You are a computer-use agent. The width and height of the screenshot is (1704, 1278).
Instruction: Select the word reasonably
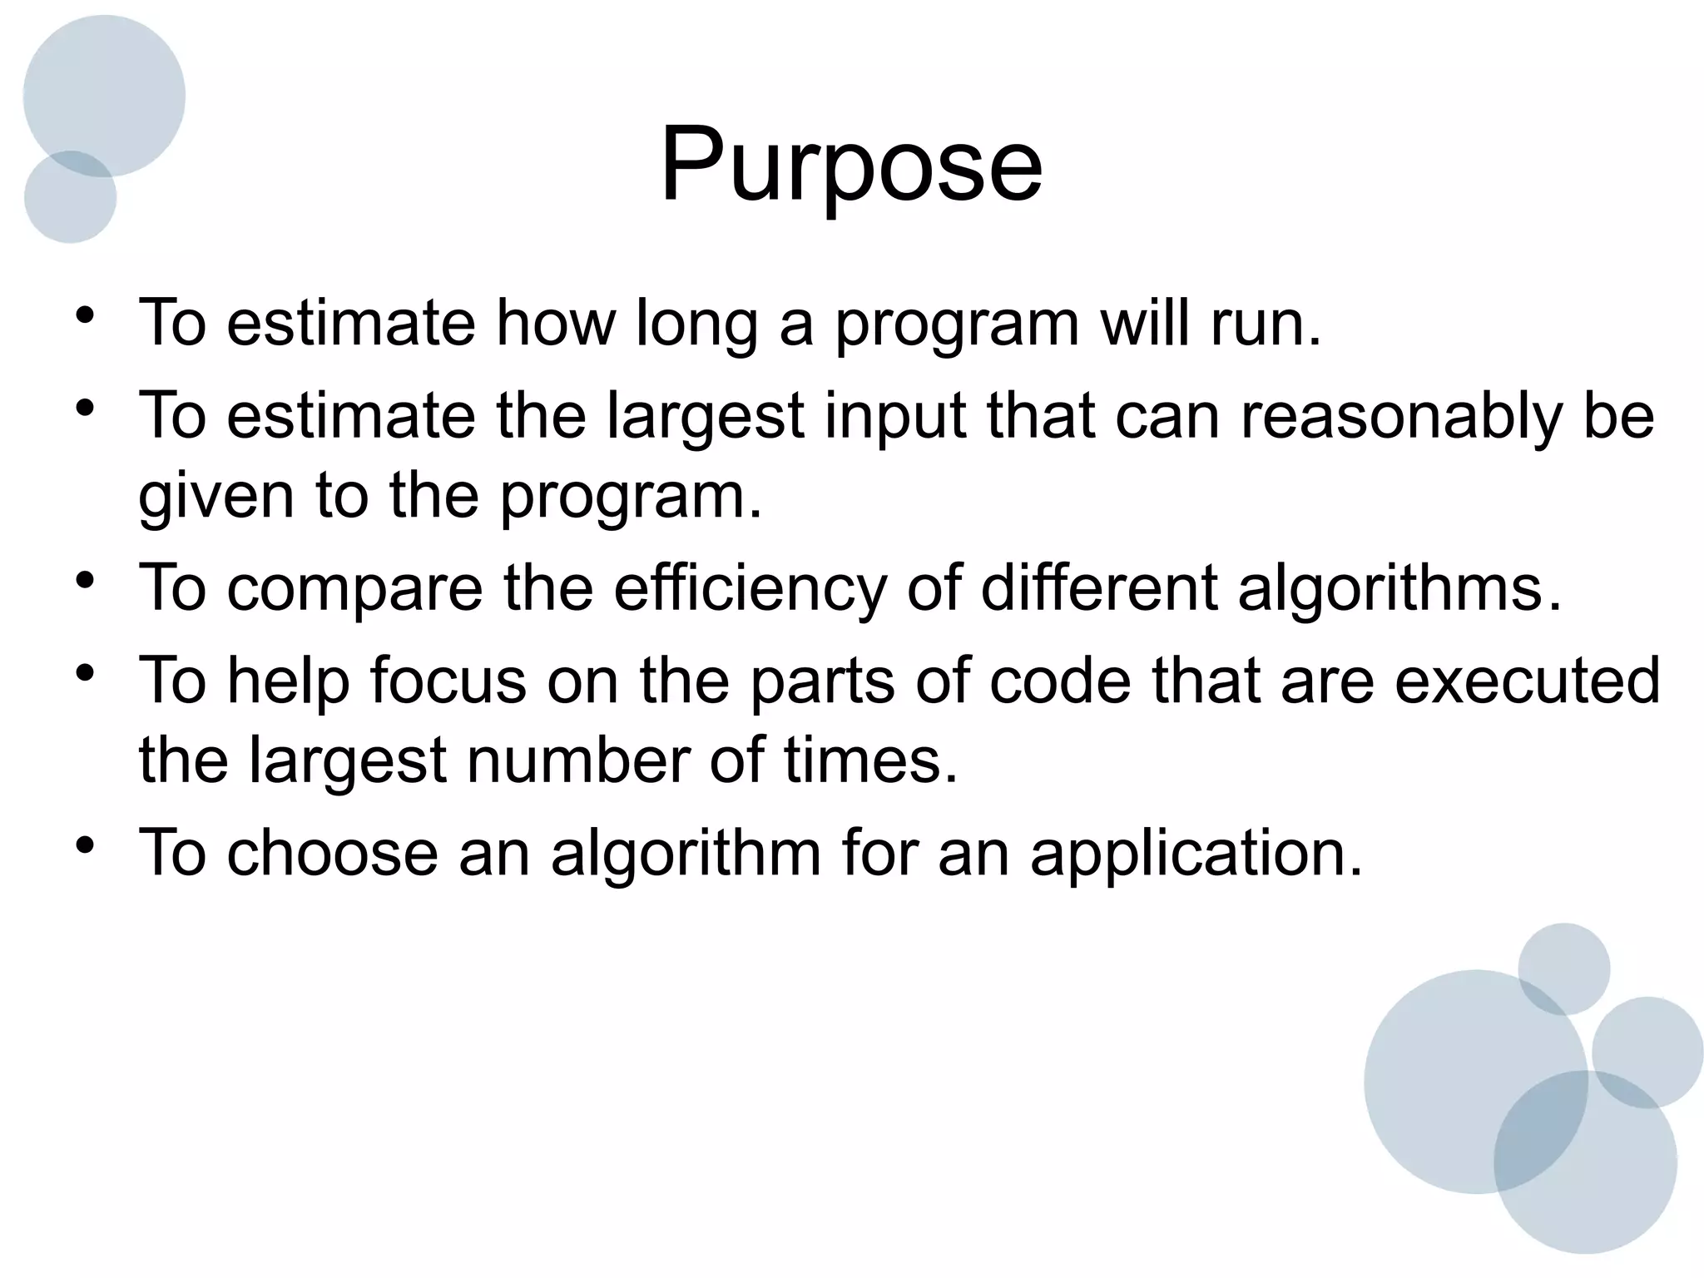point(1401,416)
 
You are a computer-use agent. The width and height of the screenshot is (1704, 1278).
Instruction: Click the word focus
point(448,681)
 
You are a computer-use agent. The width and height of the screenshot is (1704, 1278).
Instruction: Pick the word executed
point(1528,681)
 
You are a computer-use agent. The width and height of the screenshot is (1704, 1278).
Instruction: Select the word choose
point(331,852)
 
